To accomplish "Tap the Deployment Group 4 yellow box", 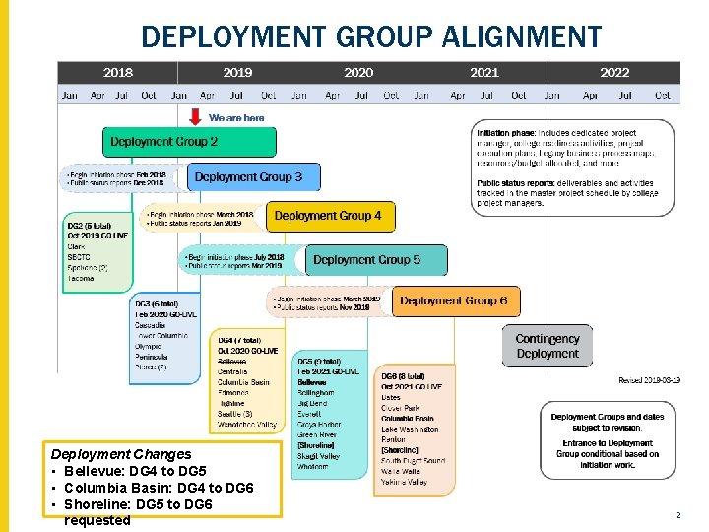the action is click(x=329, y=216).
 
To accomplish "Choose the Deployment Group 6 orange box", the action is click(x=455, y=300).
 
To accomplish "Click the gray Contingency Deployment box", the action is click(x=548, y=346).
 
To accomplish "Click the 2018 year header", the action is click(x=117, y=72).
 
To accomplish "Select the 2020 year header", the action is click(x=358, y=72).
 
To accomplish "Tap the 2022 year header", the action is click(x=614, y=72).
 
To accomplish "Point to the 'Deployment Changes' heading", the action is click(x=121, y=454).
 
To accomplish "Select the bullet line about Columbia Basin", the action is click(x=158, y=488).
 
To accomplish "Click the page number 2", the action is click(x=677, y=515).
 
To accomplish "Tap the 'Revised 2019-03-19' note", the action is click(x=649, y=380).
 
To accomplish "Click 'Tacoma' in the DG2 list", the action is click(x=82, y=278).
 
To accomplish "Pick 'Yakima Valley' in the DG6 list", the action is click(x=404, y=483).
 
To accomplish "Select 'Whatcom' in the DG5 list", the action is click(x=313, y=466).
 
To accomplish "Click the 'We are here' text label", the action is click(x=236, y=118).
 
